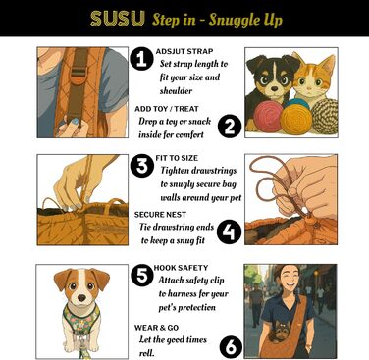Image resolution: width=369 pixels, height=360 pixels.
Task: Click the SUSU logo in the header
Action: (x=118, y=19)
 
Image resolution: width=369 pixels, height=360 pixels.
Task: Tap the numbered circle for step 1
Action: (x=141, y=59)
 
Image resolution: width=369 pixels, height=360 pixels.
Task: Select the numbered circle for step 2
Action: (x=230, y=126)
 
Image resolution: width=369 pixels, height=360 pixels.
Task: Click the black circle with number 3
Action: (x=142, y=166)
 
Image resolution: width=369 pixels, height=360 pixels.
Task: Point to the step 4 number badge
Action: (x=229, y=232)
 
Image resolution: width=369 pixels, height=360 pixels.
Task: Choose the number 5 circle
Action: (x=142, y=276)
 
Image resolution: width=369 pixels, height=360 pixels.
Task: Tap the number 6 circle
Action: (x=231, y=347)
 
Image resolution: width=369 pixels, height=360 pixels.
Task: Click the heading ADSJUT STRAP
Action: (x=184, y=51)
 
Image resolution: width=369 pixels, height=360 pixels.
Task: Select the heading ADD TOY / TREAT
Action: (x=167, y=109)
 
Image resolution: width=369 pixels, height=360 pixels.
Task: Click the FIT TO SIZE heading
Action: (x=177, y=158)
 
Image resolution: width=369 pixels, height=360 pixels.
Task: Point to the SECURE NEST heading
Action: (x=160, y=215)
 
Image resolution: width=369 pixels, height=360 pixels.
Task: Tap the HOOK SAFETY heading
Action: (x=181, y=268)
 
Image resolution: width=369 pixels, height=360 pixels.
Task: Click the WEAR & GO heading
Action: (x=156, y=328)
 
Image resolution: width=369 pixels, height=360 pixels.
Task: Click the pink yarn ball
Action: (x=267, y=117)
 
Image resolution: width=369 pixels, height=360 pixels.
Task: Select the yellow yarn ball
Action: (x=296, y=120)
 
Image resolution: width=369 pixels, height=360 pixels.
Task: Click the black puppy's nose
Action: (x=274, y=87)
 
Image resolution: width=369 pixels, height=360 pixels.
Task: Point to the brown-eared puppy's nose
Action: (x=81, y=298)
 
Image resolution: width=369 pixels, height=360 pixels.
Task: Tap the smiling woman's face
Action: (x=287, y=281)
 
